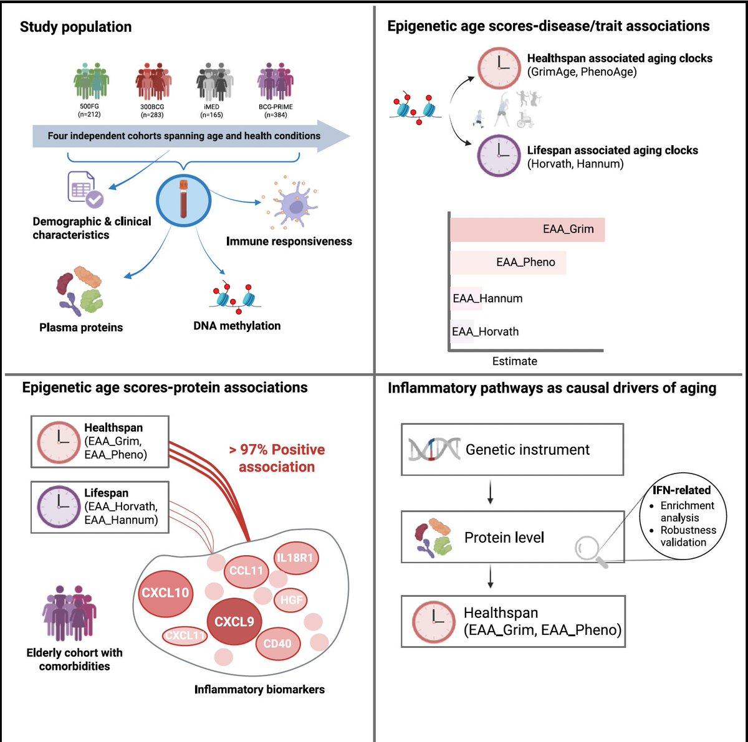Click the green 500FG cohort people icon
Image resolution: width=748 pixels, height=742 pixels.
pos(90,82)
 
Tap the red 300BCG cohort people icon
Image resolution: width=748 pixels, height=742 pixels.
pos(153,82)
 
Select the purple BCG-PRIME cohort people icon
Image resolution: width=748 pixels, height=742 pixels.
pos(275,82)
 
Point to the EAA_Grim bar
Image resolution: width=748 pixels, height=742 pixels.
pos(527,229)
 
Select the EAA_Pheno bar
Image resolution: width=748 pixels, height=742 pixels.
pos(508,262)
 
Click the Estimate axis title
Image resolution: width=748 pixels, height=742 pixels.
pos(514,361)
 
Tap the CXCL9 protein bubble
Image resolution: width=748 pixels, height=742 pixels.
pos(234,622)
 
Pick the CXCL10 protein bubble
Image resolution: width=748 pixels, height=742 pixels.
pos(165,593)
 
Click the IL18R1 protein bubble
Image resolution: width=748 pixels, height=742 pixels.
pos(295,558)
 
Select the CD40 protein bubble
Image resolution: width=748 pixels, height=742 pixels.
pos(277,644)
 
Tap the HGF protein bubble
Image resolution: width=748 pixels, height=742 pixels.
pos(291,600)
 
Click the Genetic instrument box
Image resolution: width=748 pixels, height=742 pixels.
pos(512,449)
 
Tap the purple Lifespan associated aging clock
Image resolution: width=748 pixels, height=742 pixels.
pos(499,156)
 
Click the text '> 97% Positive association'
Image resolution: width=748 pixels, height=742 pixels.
pos(277,458)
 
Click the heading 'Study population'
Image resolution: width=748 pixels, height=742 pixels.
pos(75,27)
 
